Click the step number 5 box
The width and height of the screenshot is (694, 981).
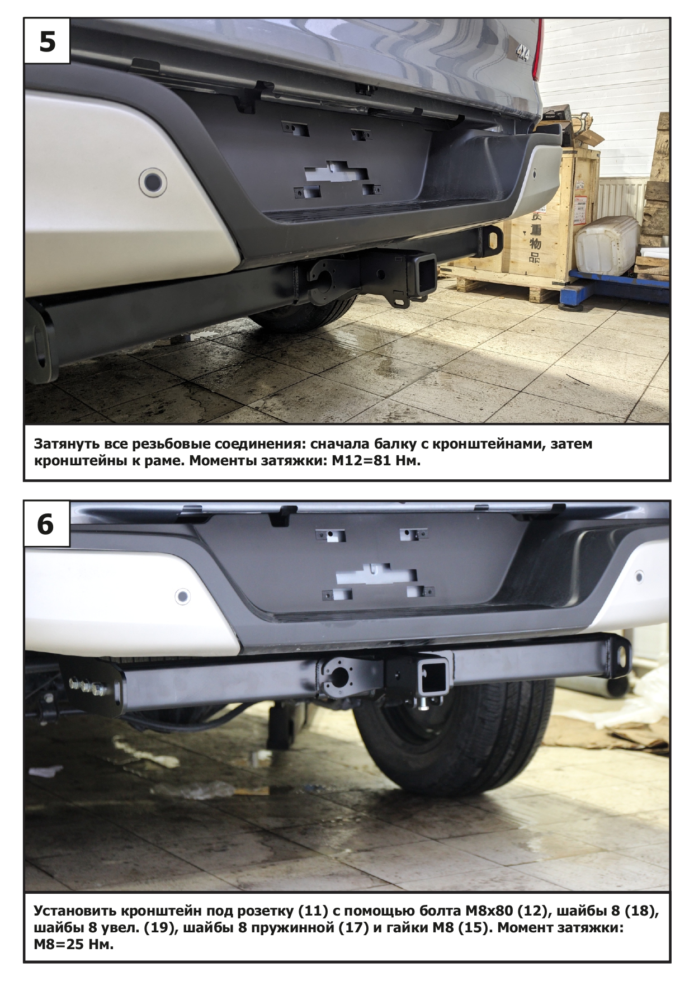(x=47, y=41)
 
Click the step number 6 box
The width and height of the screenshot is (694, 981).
(x=47, y=524)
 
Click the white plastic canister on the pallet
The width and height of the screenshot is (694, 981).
(x=606, y=244)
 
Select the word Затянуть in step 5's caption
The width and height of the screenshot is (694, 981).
(x=67, y=444)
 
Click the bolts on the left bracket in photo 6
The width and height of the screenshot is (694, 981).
(x=89, y=686)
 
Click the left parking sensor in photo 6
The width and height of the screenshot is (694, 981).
(x=182, y=596)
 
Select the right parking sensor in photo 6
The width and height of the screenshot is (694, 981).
(x=639, y=576)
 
